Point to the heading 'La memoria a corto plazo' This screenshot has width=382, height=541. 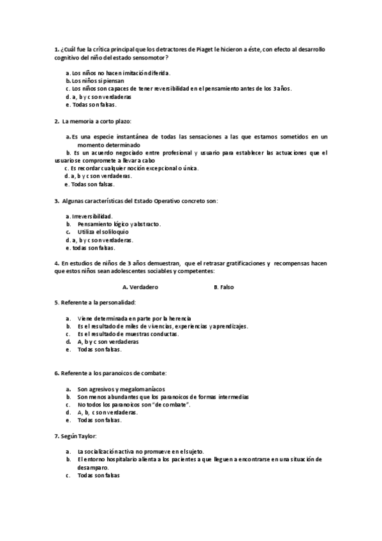96,121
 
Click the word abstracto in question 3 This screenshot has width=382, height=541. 147,225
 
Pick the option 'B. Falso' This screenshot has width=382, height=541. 224,287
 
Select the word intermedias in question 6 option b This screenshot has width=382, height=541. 230,397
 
